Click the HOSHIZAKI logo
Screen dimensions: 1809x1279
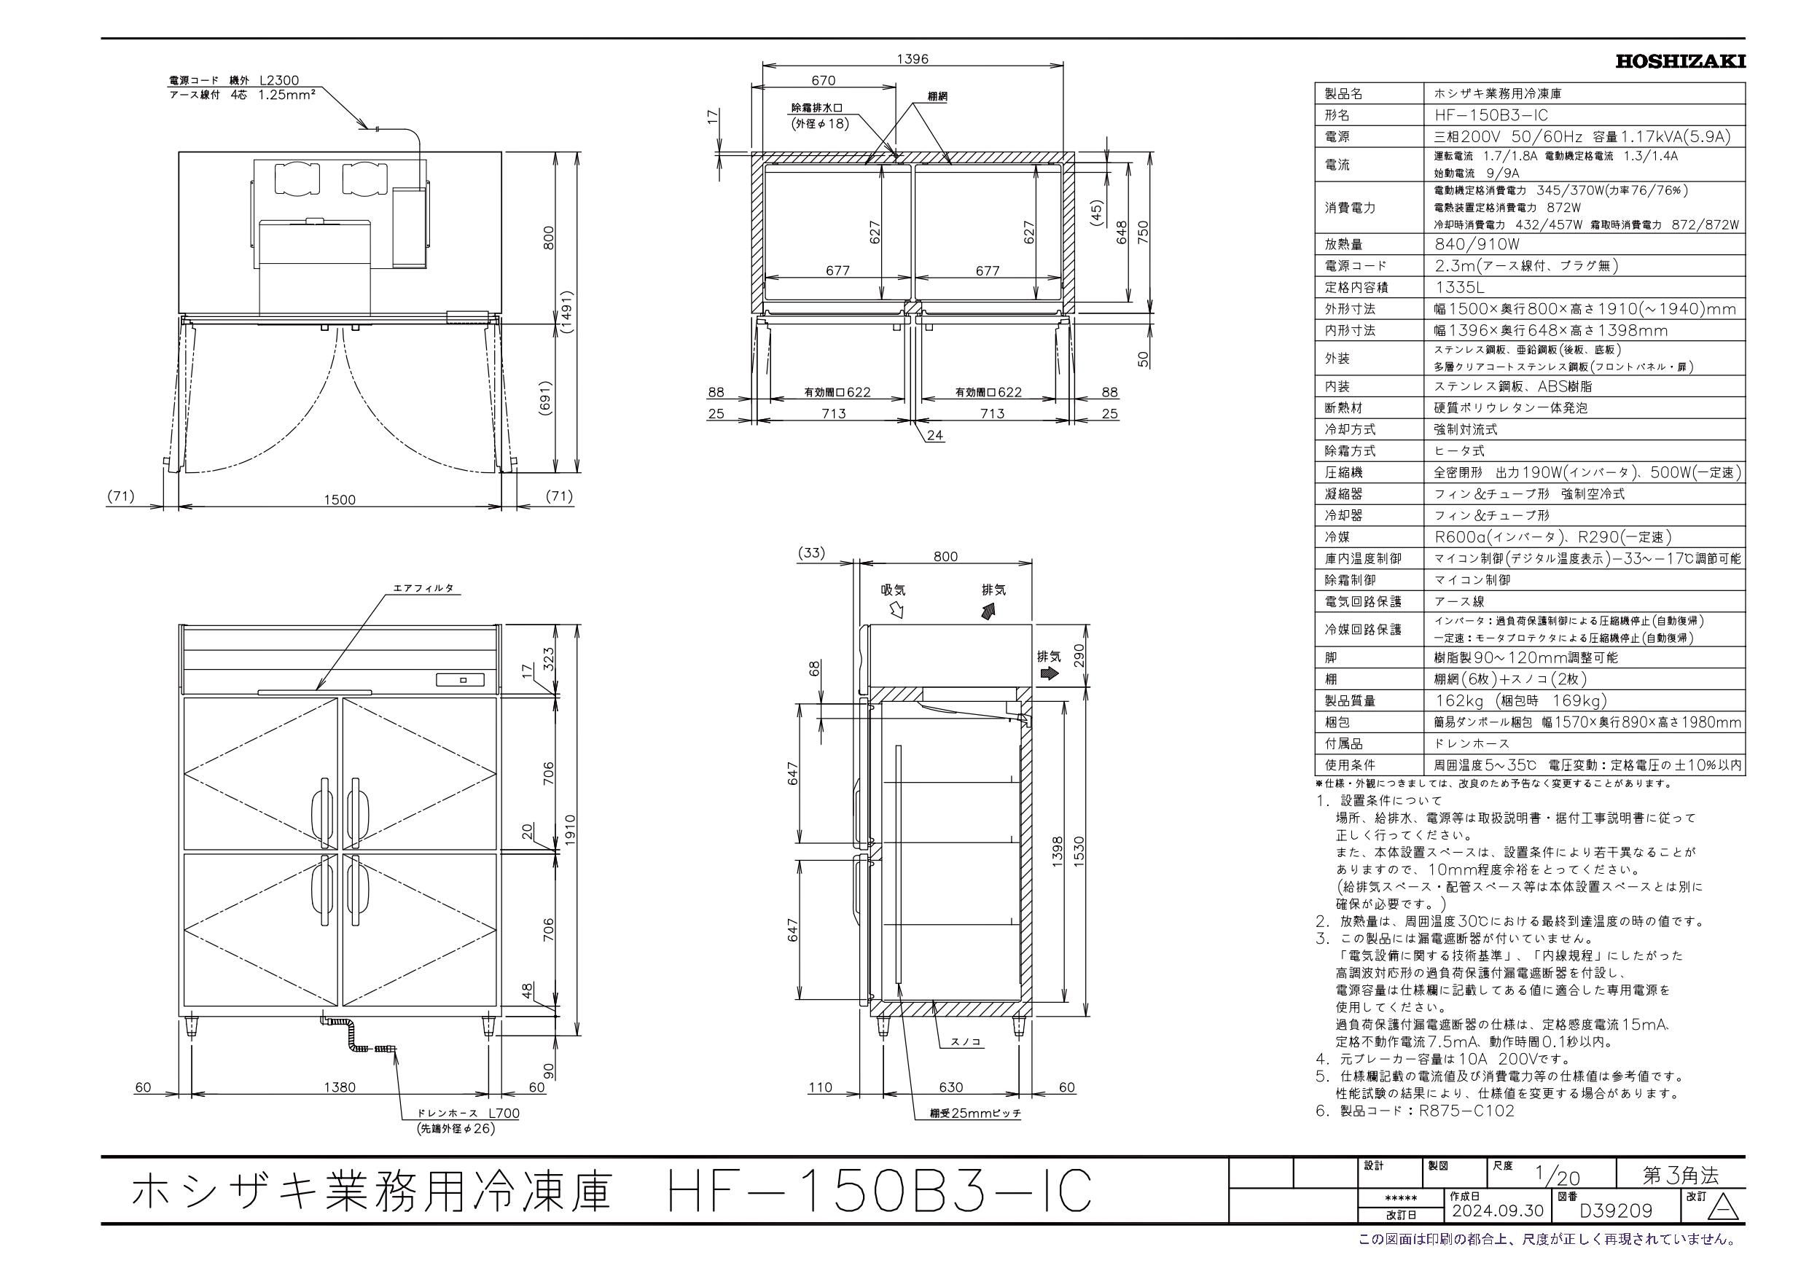coord(1681,61)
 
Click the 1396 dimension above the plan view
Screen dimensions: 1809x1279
coord(913,58)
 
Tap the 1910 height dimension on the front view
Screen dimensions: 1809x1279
coord(571,830)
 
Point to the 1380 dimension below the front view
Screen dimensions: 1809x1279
coord(340,1087)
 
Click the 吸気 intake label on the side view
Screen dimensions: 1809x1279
coord(894,590)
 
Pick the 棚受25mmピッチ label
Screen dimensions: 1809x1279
coord(974,1114)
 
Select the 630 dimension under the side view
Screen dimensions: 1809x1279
coord(951,1087)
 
